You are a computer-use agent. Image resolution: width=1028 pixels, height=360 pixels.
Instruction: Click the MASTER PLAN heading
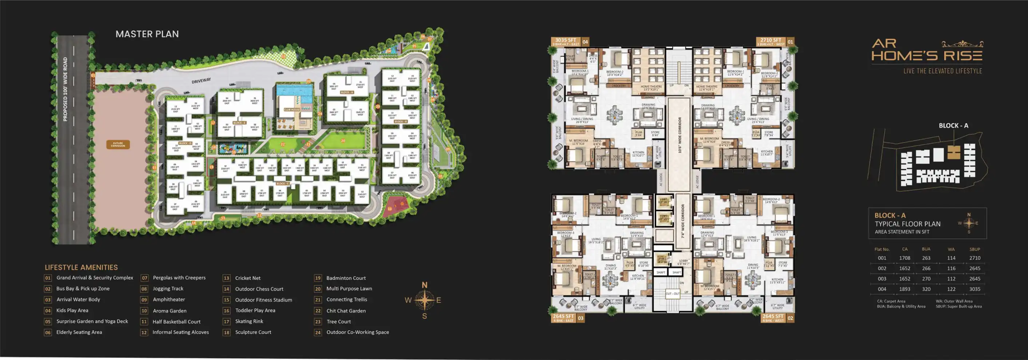[147, 34]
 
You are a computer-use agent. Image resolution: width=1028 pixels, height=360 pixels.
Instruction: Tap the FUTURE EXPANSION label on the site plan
[118, 145]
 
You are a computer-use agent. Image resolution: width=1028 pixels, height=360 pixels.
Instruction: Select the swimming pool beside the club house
[294, 93]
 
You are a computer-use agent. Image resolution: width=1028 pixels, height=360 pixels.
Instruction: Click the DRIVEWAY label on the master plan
[201, 80]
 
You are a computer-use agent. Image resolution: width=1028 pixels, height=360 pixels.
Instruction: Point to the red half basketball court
[396, 206]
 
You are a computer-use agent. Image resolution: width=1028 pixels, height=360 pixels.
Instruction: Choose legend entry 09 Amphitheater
[169, 300]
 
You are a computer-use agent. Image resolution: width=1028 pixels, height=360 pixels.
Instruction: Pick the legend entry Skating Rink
[249, 321]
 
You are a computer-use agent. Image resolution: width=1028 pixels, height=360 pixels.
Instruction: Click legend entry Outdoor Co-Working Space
[358, 332]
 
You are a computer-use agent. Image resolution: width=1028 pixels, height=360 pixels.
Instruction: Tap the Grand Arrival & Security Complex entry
[95, 278]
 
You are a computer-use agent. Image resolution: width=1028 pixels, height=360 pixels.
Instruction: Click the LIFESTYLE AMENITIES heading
[81, 268]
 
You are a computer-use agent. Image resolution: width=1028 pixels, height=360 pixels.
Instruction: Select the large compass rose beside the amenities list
[424, 300]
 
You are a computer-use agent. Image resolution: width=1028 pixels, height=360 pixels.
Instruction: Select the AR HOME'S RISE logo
[926, 51]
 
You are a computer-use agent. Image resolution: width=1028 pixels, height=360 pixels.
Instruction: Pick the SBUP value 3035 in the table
[975, 289]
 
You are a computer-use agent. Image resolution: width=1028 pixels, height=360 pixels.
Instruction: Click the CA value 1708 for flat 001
[904, 258]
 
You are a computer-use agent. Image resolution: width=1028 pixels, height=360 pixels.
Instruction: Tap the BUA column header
[926, 249]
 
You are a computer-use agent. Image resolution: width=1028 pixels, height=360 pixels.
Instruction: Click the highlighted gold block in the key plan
[953, 153]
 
